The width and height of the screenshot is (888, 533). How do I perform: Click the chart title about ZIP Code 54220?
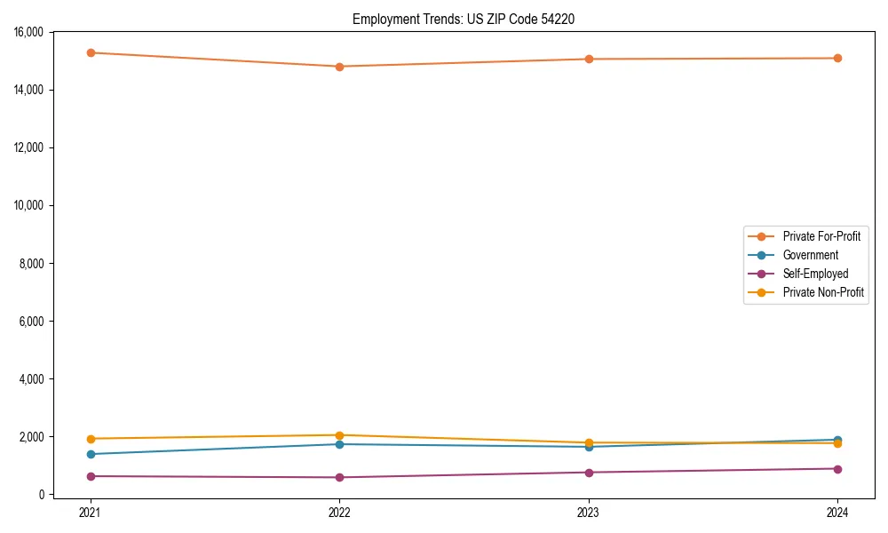463,19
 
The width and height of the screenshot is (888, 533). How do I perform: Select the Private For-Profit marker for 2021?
90,52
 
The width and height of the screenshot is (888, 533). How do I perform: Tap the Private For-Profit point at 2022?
339,67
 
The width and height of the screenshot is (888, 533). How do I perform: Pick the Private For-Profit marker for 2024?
837,59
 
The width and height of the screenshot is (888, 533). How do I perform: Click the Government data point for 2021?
90,454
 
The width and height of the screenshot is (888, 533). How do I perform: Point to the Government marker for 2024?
837,440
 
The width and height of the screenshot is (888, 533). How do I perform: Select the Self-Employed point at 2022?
339,478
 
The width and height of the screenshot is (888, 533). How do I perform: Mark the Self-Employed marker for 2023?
589,473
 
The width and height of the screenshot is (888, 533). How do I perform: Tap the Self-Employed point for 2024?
837,469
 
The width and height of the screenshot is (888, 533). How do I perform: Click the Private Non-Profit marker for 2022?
339,435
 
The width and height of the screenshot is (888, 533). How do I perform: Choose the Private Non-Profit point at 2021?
90,439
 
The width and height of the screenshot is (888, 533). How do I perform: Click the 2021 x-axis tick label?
90,512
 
